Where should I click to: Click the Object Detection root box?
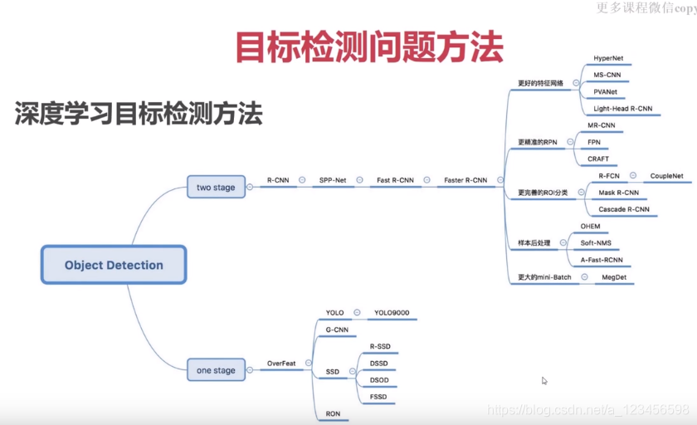[114, 266]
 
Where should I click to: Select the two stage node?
[216, 188]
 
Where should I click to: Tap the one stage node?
[216, 370]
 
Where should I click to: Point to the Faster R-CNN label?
[465, 180]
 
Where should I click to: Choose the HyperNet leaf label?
[610, 59]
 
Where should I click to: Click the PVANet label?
[606, 92]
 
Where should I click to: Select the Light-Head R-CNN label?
[623, 109]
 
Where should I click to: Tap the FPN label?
[595, 142]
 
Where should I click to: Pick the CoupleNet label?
[666, 176]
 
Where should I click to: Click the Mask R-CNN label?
[618, 193]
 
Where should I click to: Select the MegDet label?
[614, 276]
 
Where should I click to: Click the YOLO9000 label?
[392, 313]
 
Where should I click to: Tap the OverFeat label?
[281, 364]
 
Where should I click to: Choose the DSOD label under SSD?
[380, 380]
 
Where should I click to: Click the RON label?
[333, 413]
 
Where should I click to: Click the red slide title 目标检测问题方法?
[369, 47]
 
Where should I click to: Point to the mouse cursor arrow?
[544, 381]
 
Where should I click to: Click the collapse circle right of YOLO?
[357, 313]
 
